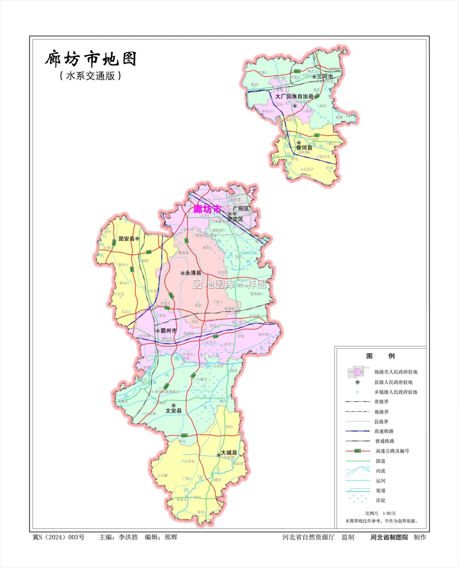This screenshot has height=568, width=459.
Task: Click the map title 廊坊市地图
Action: point(91,59)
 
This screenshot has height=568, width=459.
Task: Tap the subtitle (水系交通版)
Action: point(91,76)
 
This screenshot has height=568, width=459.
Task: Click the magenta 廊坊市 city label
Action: point(207,209)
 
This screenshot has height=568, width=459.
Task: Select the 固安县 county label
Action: point(126,239)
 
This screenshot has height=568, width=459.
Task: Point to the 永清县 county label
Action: point(193,273)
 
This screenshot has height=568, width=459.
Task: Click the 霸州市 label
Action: point(169,331)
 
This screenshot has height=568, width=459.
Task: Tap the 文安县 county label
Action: point(173,411)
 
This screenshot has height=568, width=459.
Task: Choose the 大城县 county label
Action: point(229,453)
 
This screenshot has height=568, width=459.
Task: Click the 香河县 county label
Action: point(304,148)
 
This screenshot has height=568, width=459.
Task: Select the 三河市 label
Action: point(325,77)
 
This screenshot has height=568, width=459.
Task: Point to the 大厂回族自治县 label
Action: point(294,97)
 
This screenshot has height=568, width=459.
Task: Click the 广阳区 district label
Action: point(241,209)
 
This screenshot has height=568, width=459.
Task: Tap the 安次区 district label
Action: point(235,219)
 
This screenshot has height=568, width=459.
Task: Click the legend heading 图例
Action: point(380,356)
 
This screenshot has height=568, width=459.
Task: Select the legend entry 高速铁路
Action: point(384,431)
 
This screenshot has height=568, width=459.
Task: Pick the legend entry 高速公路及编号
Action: point(392,451)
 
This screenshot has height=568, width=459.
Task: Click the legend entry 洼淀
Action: point(381,500)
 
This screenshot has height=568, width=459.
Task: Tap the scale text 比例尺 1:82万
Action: point(380,513)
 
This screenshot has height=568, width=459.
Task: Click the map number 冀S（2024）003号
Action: point(59,537)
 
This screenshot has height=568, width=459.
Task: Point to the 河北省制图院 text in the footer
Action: point(389,537)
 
